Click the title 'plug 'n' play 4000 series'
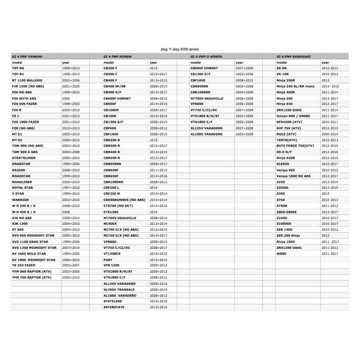[180, 49]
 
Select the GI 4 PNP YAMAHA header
[27, 56]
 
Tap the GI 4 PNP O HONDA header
[205, 56]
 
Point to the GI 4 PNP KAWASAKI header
[293, 56]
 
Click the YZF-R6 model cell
[18, 68]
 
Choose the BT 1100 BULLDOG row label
[27, 80]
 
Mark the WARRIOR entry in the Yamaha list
[20, 199]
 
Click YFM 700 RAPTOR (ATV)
[31, 278]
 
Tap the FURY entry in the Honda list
[108, 260]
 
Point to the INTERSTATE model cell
[114, 307]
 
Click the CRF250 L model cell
[112, 188]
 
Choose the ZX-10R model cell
[283, 74]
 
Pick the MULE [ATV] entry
[286, 134]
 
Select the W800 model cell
[282, 253]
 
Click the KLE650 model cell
[283, 164]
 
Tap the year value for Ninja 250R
[326, 80]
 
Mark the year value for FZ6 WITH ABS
[66, 98]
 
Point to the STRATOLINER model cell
[24, 158]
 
